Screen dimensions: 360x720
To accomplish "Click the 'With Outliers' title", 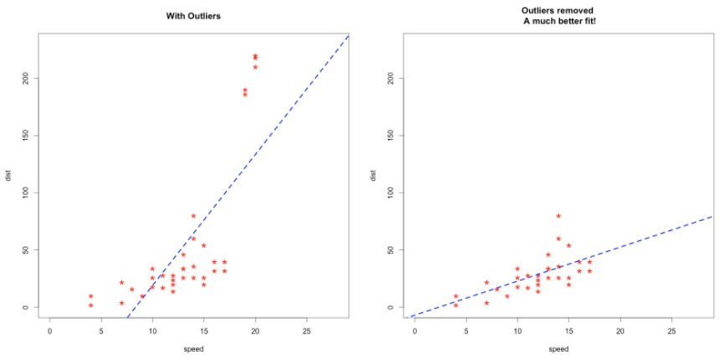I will pyautogui.click(x=198, y=16).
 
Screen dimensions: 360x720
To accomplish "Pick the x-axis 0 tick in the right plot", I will pyautogui.click(x=415, y=331).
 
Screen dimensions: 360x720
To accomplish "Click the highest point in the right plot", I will pyautogui.click(x=558, y=216).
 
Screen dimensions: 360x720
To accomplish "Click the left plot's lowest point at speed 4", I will pyautogui.click(x=90, y=306).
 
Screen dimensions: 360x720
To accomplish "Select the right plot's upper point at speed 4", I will pyautogui.click(x=455, y=296).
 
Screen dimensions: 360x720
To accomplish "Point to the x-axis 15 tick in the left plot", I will pyautogui.click(x=203, y=331).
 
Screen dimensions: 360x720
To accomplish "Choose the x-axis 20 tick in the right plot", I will pyautogui.click(x=620, y=331).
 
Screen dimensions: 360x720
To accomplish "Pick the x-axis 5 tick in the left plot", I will pyautogui.click(x=101, y=331).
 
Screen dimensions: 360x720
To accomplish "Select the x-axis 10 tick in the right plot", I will pyautogui.click(x=517, y=331).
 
